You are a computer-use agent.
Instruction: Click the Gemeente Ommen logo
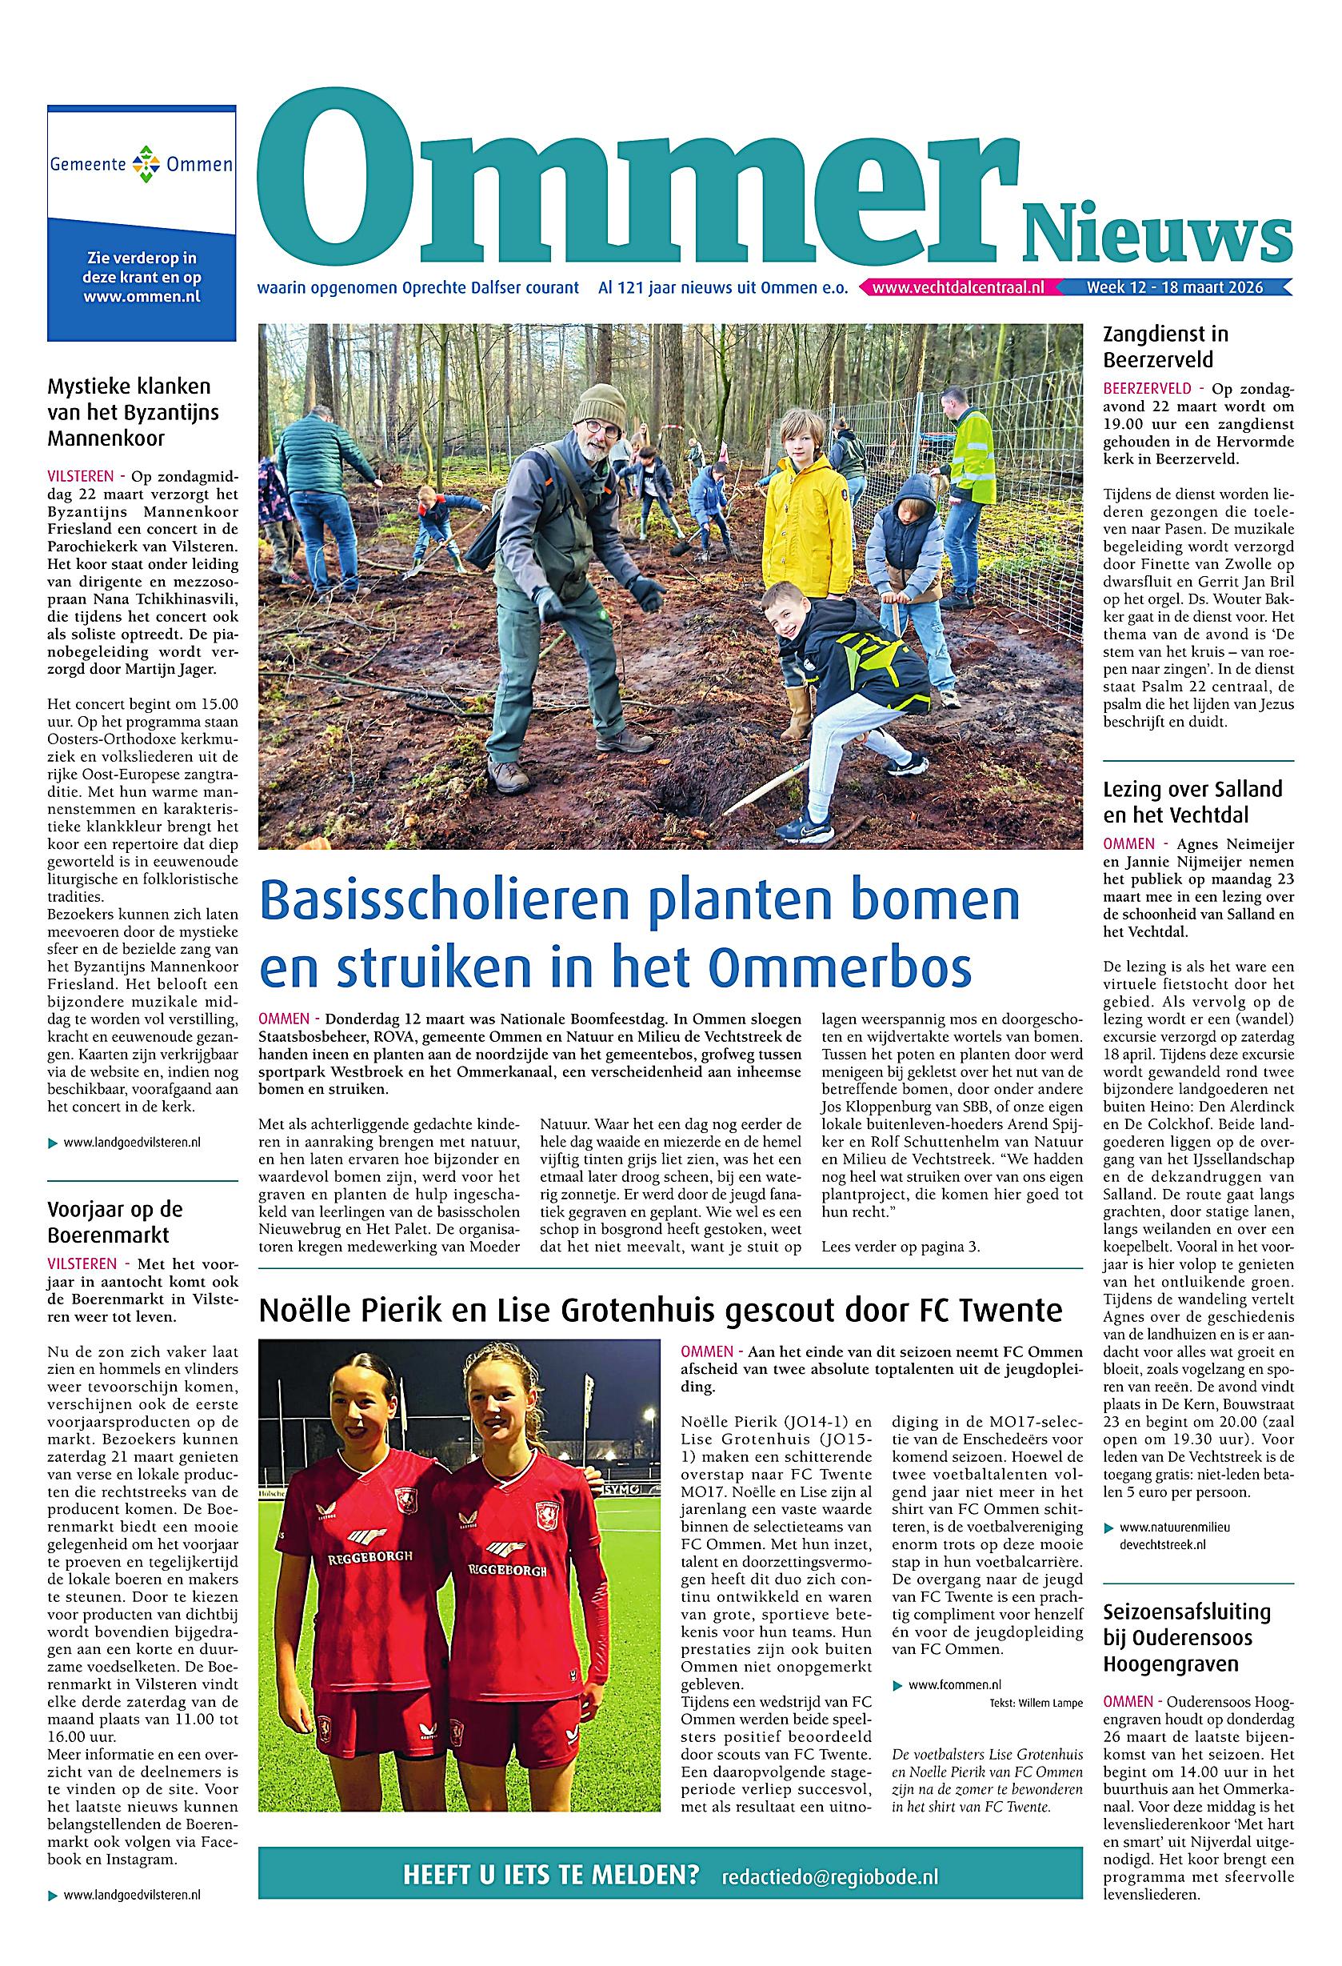142,162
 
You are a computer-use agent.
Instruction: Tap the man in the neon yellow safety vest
969,461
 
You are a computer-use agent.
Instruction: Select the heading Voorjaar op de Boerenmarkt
115,1222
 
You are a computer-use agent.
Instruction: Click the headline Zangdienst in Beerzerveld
1165,346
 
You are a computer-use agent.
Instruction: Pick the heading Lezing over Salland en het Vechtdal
1192,802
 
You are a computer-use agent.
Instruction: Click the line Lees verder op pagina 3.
901,1247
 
